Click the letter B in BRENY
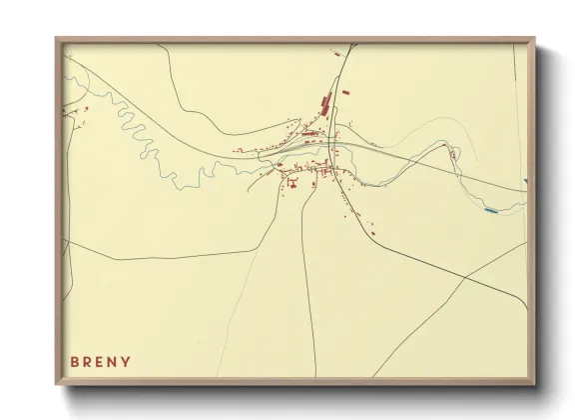click(74, 361)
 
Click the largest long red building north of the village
click(323, 102)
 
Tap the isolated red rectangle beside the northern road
click(346, 93)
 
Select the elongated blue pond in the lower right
click(489, 210)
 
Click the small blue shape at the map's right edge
click(525, 181)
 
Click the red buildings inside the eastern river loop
click(455, 153)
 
